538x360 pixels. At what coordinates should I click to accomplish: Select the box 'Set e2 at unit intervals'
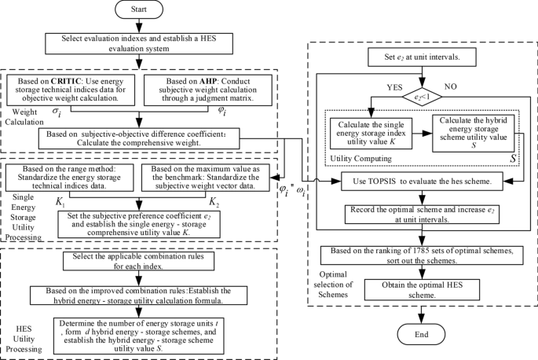pos(425,57)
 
